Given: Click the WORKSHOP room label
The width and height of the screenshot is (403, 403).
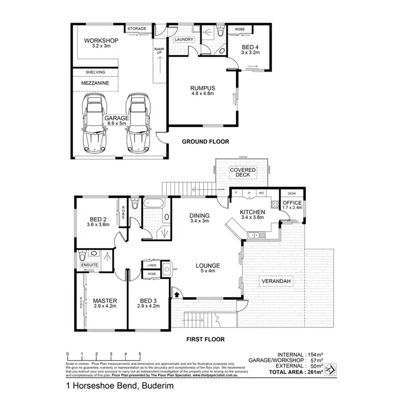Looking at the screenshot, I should pos(102,40).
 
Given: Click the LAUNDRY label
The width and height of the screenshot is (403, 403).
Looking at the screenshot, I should pos(184,39).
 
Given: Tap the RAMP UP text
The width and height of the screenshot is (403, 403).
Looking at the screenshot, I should pos(159,51).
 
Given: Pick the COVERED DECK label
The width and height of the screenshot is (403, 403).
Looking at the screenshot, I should pos(243,172).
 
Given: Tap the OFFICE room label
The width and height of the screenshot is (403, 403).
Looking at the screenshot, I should pos(292,203).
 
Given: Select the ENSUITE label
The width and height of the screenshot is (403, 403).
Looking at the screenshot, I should pos(89,265).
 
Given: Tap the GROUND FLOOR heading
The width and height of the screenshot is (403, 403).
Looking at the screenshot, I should pos(205,142).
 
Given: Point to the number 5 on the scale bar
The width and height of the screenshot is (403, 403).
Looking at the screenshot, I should pos(140,354).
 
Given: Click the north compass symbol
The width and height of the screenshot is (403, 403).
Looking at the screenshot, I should pos(332,370).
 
